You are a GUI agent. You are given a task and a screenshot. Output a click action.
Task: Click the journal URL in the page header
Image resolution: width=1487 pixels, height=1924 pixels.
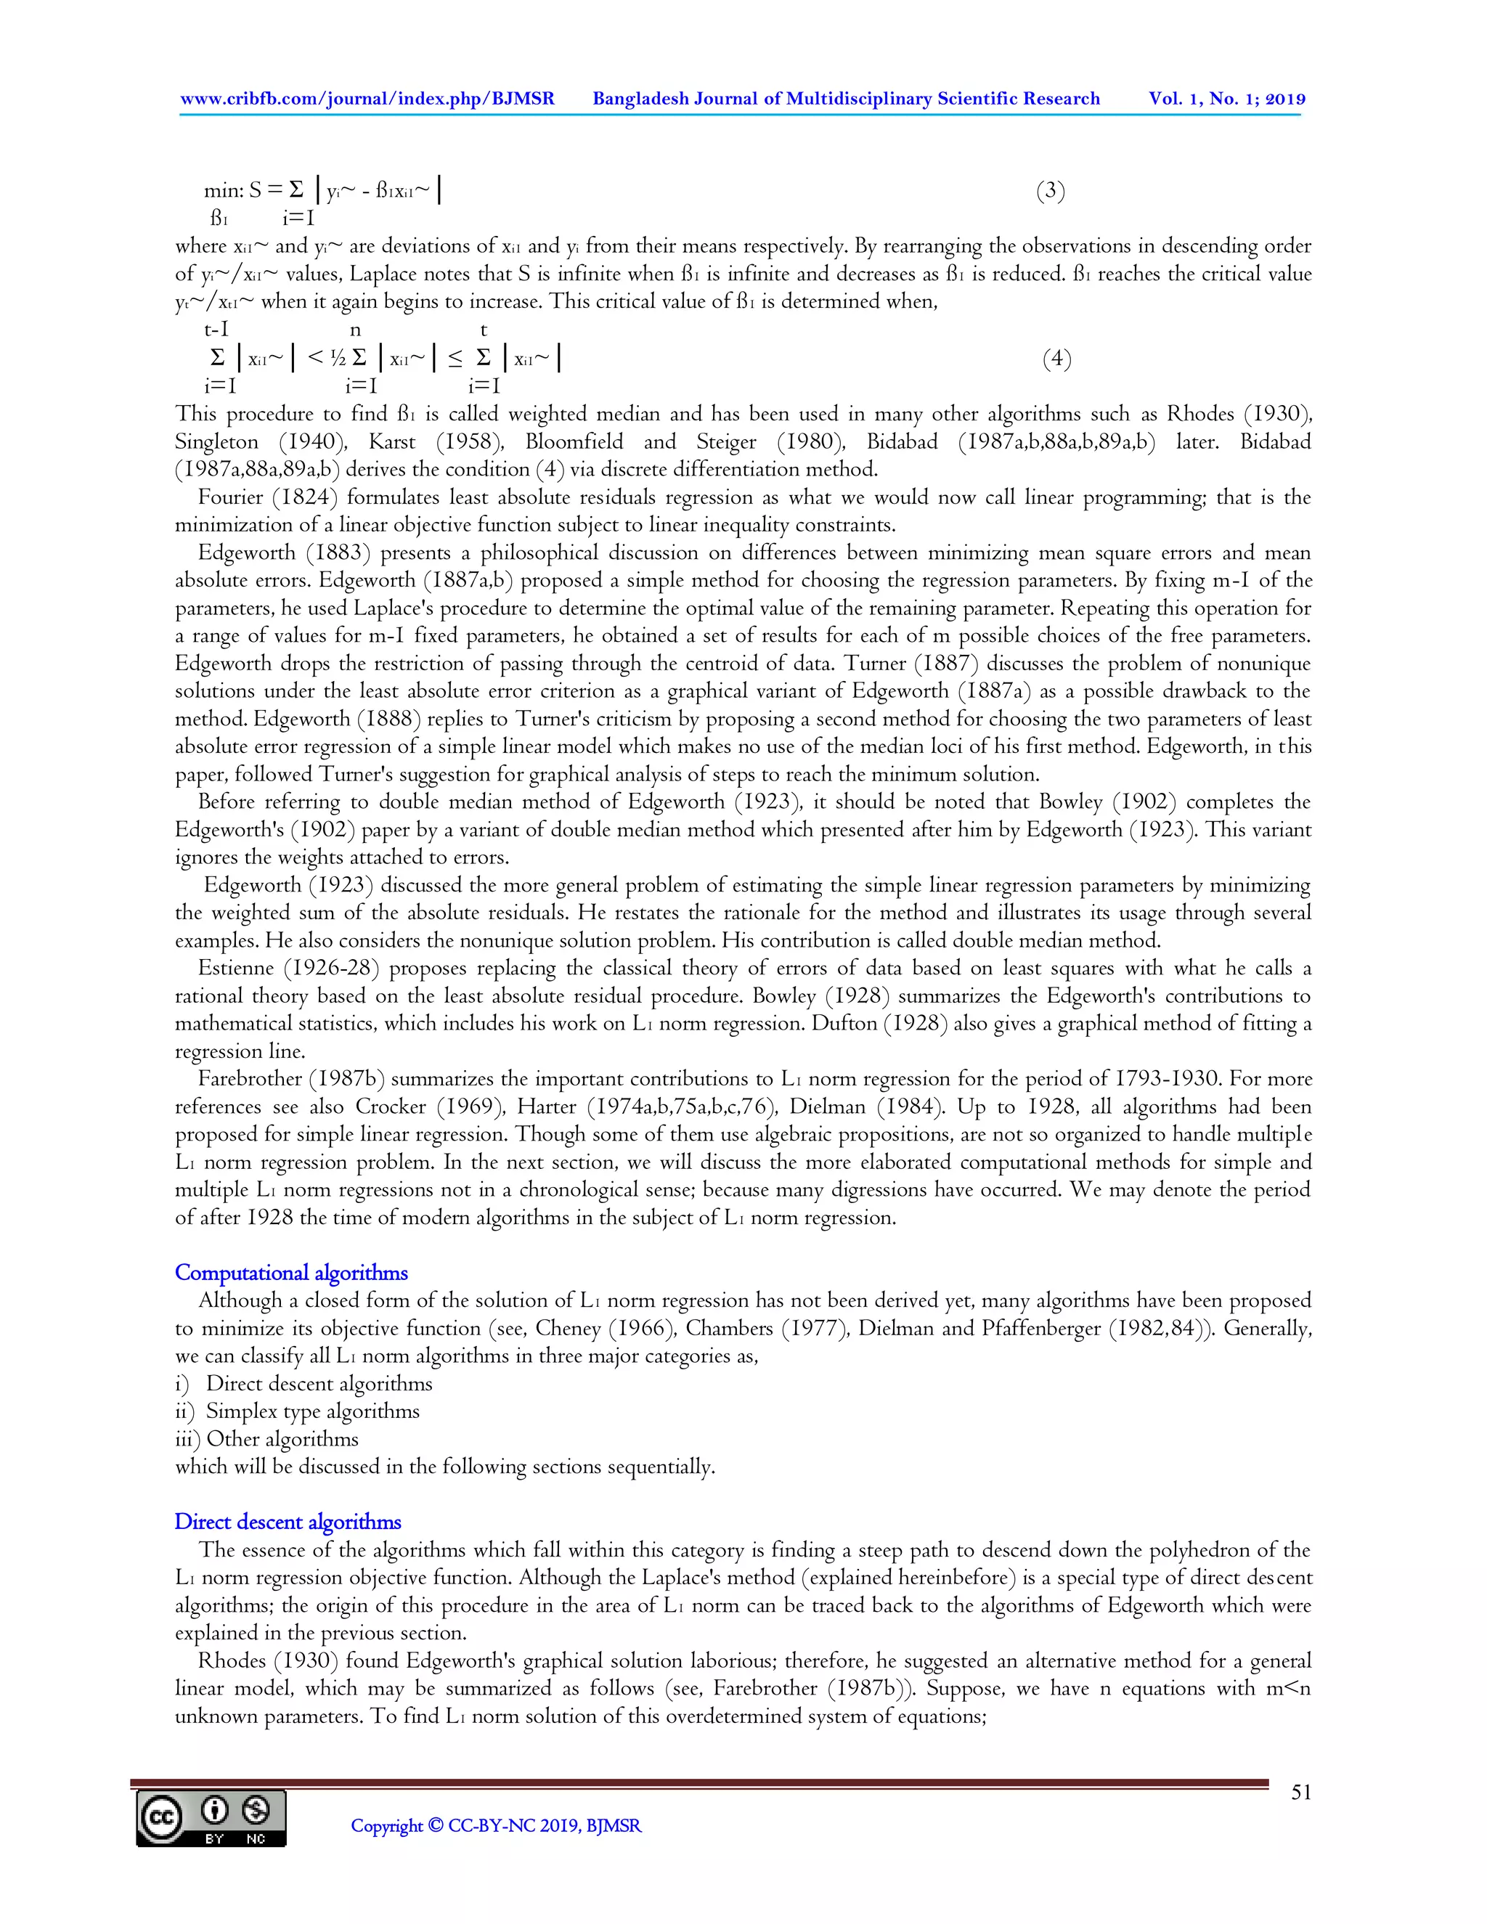[x=367, y=99]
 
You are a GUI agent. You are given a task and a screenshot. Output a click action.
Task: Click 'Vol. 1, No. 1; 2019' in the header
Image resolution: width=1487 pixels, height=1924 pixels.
[x=1226, y=99]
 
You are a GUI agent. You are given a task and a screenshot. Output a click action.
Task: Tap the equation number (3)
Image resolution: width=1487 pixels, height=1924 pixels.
[x=1050, y=191]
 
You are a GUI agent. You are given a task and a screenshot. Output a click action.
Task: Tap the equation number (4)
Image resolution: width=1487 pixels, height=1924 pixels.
[x=1056, y=359]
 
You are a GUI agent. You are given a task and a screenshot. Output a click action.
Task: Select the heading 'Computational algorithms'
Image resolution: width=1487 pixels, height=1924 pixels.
[x=290, y=1273]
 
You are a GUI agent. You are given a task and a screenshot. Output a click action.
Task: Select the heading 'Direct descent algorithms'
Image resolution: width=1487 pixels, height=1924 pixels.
[x=288, y=1523]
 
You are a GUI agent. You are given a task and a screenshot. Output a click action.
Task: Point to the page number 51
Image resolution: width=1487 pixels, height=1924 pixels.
[x=1300, y=1792]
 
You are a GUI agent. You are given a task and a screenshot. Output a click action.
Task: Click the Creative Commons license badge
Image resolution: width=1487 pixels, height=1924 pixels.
[x=211, y=1818]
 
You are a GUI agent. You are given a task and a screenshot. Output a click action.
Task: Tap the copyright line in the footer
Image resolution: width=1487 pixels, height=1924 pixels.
[x=496, y=1826]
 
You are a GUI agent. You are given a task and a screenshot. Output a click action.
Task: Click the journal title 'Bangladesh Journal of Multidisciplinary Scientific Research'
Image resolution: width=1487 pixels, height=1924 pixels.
[x=846, y=99]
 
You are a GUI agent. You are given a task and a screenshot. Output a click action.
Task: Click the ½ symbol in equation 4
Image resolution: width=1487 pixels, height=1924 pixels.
[x=338, y=359]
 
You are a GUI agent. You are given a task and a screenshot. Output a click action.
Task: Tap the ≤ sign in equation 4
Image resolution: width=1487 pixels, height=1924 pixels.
[x=455, y=359]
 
